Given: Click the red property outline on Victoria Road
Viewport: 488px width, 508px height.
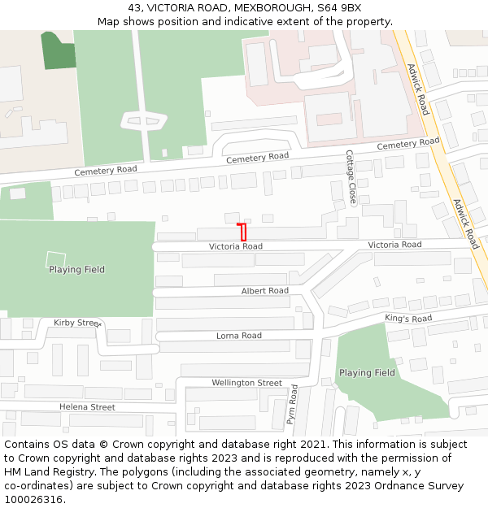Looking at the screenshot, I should pyautogui.click(x=242, y=232).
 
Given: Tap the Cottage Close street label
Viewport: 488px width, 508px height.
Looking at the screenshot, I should pyautogui.click(x=351, y=176).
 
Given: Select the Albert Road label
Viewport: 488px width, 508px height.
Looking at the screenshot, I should pyautogui.click(x=264, y=291).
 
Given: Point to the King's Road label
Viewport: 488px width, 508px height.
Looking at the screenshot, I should pyautogui.click(x=408, y=319).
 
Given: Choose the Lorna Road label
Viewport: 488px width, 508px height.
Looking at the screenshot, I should pyautogui.click(x=238, y=336).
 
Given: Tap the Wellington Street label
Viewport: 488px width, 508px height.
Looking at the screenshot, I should pyautogui.click(x=246, y=383).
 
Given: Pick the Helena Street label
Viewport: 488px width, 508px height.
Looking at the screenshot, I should pyautogui.click(x=87, y=406).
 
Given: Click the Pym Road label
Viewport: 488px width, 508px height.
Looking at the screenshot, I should pyautogui.click(x=293, y=405).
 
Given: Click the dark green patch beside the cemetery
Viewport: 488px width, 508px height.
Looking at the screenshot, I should pyautogui.click(x=58, y=51).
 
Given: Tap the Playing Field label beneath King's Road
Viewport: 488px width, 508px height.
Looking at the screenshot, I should pyautogui.click(x=367, y=373).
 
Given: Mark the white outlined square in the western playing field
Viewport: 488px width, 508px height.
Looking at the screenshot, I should pyautogui.click(x=55, y=259).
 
